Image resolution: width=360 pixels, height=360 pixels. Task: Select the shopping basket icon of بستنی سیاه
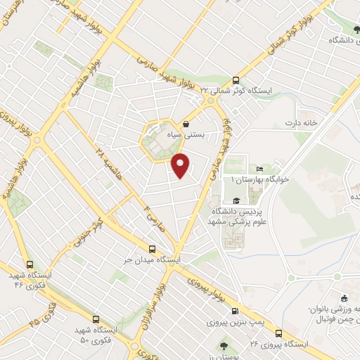186,120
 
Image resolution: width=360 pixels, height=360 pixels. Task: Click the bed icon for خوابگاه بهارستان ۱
259,169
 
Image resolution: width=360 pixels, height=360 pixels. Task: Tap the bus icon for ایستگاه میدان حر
153,249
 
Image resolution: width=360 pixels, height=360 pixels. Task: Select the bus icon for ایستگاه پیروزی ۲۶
280,333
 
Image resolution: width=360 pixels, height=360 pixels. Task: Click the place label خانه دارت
302,124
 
